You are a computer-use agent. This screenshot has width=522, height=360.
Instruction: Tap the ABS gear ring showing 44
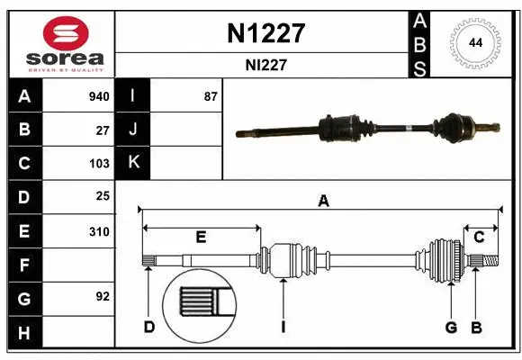pos(473,42)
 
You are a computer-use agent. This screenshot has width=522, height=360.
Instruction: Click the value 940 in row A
pos(99,96)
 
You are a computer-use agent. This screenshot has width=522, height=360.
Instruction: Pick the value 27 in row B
pos(103,130)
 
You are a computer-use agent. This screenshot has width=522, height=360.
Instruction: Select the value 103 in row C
pos(99,164)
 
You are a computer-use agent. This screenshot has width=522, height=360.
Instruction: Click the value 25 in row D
pos(103,196)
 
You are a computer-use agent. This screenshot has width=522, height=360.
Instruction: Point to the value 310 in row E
pos(99,231)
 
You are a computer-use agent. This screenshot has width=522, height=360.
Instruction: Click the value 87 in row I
pos(211,96)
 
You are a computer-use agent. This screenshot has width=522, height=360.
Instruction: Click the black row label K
pos(132,163)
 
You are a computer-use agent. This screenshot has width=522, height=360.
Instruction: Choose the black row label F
pos(24,265)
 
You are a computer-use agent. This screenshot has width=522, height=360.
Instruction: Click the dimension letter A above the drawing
pos(322,202)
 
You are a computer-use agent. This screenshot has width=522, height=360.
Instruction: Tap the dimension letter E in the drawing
pos(201,237)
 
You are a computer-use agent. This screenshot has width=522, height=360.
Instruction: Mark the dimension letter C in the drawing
pos(479,237)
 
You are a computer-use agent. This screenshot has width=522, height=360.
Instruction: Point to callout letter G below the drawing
pos(451,327)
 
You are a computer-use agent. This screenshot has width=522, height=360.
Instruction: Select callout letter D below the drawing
pos(149,327)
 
